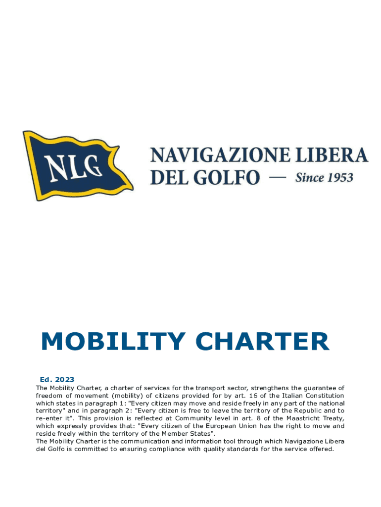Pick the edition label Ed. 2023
pyautogui.click(x=57, y=380)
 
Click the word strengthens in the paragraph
pyautogui.click(x=252, y=388)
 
